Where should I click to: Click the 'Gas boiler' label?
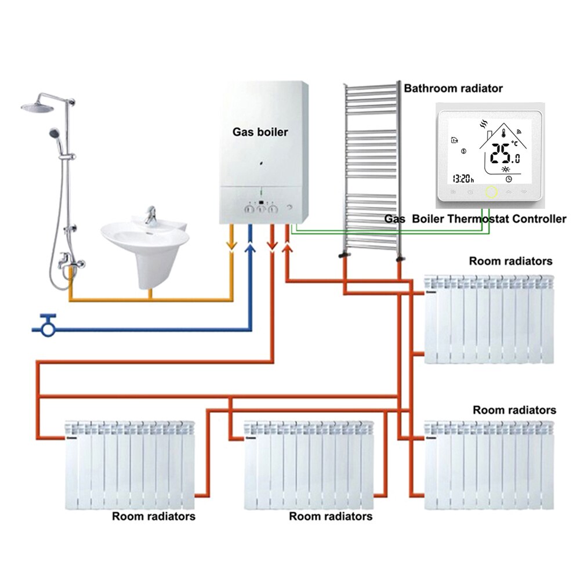point(260,132)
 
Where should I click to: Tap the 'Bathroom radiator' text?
point(453,88)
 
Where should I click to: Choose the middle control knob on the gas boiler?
point(262,209)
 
